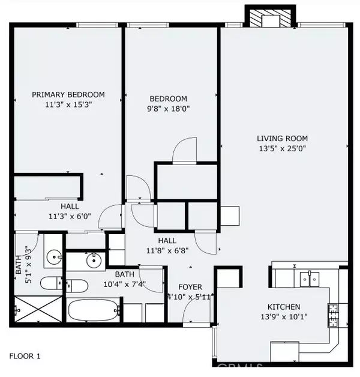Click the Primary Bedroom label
[x=68, y=94]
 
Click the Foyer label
[x=190, y=287]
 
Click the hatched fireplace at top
[x=271, y=17]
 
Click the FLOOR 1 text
[x=25, y=357]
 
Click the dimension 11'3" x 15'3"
[x=68, y=104]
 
